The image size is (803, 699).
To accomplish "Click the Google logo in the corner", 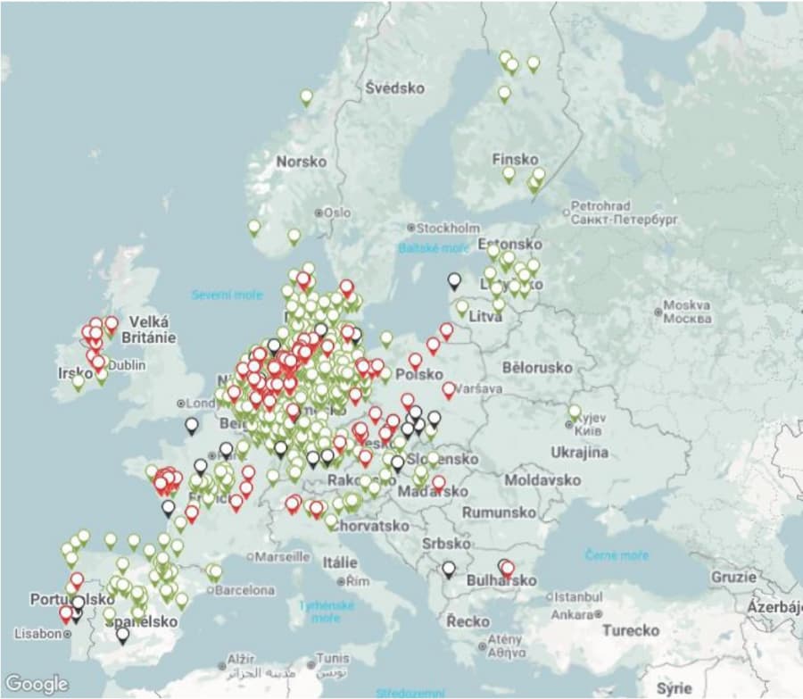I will (x=37, y=684).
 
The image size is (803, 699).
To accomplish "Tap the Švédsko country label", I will (x=394, y=87).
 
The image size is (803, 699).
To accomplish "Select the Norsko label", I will (x=301, y=162).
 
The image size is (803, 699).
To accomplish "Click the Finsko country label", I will (x=515, y=159).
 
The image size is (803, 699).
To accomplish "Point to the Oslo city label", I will (x=335, y=212).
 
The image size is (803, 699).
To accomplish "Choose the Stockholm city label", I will (x=447, y=228).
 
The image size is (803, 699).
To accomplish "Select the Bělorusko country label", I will (x=537, y=367).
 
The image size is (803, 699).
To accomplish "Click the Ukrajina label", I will (x=579, y=452).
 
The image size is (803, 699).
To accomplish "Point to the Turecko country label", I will (x=630, y=630).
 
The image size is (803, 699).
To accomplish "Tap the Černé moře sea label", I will (x=617, y=555).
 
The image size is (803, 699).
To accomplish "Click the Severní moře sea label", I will (x=228, y=295).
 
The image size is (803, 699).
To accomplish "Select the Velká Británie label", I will (x=152, y=329).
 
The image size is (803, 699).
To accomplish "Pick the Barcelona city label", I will (x=244, y=590).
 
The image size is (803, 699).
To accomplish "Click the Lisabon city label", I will (x=37, y=633).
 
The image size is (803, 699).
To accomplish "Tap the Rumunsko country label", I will (x=500, y=512).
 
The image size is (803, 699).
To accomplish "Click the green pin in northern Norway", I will (x=306, y=96).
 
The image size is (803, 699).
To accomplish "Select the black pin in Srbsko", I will (x=448, y=568).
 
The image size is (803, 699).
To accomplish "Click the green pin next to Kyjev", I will (x=575, y=412).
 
